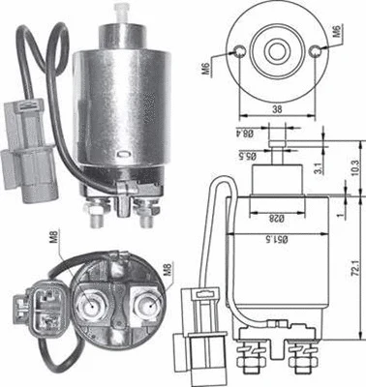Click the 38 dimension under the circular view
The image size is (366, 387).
click(x=276, y=110)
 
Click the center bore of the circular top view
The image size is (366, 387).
click(x=278, y=49)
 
